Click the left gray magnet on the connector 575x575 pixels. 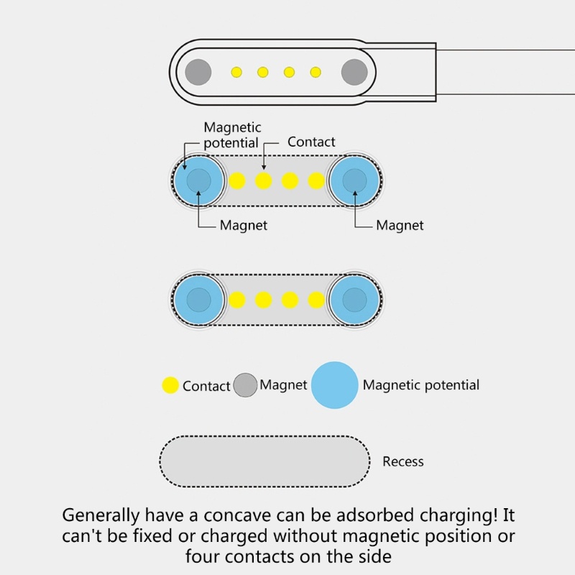coord(198,72)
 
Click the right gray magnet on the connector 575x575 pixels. coord(354,72)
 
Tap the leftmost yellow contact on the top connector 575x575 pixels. coord(236,72)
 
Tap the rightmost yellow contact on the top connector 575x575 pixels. coord(316,72)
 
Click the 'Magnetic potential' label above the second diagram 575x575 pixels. coord(231,135)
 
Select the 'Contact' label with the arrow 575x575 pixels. coord(311,142)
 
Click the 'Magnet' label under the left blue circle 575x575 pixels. coord(243,225)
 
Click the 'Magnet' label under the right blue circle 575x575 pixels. coord(400,225)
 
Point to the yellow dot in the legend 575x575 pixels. coord(170,385)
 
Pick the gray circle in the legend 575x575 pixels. coord(246,385)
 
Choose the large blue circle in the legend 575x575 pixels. coord(335,385)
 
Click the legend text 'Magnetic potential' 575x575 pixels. coord(420,385)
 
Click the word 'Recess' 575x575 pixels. coord(403,461)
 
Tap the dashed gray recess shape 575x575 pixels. coord(264,461)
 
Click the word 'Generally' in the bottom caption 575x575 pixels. coord(100,515)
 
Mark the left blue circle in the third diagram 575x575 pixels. coord(198,300)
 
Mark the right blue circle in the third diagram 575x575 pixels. coord(354,300)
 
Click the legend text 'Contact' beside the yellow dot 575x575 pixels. coord(206,386)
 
